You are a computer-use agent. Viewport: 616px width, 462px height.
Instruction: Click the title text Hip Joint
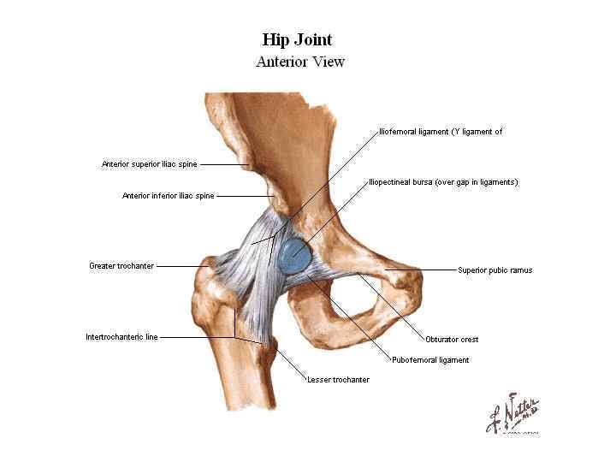pos(296,39)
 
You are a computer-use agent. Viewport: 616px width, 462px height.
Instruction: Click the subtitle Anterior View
pos(299,62)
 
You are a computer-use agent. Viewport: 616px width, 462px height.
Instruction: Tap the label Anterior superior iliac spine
pos(151,164)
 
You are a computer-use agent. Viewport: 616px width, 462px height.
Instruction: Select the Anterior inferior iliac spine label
pos(168,196)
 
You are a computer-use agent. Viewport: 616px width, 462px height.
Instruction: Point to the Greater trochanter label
pos(121,266)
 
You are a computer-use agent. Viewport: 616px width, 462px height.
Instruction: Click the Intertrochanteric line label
pos(121,337)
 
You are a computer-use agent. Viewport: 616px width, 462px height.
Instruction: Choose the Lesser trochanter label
pos(338,380)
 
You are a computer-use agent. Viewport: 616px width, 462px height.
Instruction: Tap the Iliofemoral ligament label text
pos(440,132)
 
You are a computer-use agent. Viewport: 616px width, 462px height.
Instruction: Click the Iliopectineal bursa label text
pos(442,182)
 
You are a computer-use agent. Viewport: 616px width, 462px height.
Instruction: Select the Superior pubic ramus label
pos(495,270)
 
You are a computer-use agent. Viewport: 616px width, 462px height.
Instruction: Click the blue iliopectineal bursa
pos(296,253)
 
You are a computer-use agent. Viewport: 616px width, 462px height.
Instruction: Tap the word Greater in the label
pos(102,266)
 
